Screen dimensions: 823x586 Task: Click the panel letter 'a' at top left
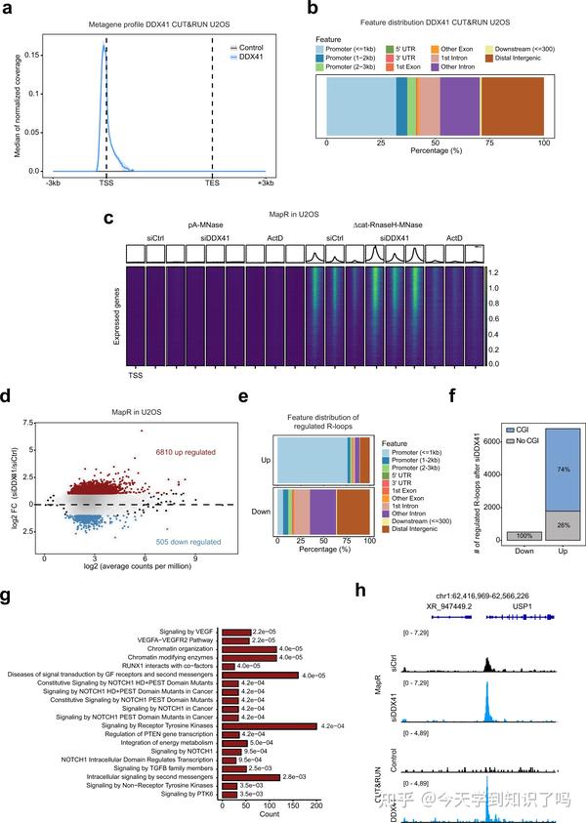pos(10,10)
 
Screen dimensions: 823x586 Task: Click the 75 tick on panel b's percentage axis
pos(490,144)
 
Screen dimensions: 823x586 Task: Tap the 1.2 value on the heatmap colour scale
pos(496,273)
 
